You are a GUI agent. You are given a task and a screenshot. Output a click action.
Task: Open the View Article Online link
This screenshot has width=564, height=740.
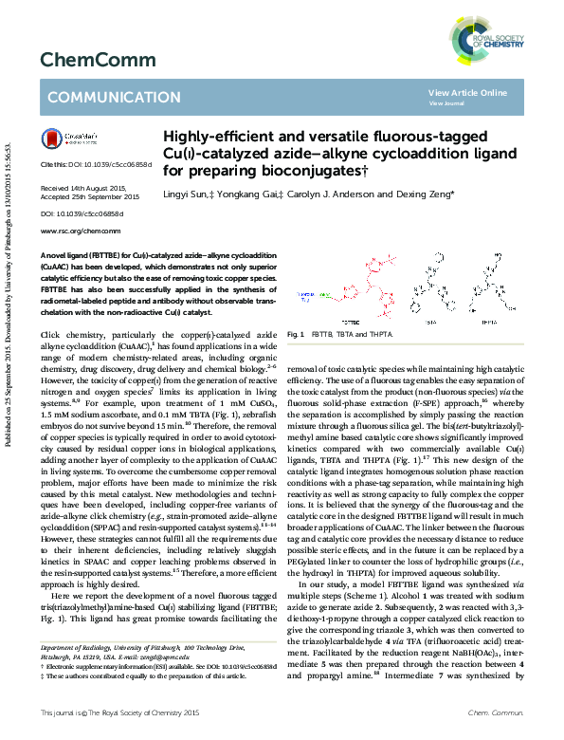click(x=467, y=92)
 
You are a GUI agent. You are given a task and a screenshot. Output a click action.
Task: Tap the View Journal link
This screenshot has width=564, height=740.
click(x=446, y=102)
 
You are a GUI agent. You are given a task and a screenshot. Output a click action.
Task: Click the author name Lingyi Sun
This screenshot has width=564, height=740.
click(x=187, y=194)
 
